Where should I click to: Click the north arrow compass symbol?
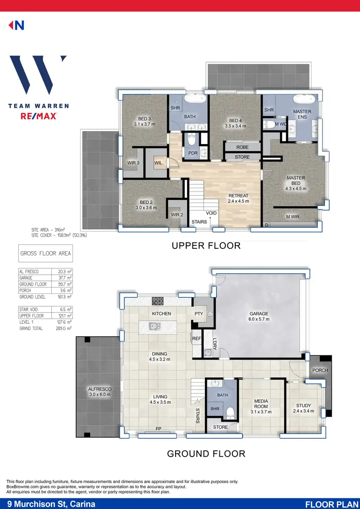coord(16,25)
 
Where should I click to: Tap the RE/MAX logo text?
coord(38,116)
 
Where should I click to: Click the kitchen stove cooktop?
coord(158,301)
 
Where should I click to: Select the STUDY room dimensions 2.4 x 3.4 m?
coord(303,411)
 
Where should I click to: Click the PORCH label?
coord(320,371)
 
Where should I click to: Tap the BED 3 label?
coord(144,119)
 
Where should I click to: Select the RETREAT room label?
coord(238,195)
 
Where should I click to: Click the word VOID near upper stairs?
coord(211,213)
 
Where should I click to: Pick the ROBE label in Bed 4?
coord(243,147)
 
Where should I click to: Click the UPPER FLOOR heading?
coord(206,246)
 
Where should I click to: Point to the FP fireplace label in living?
coord(158,428)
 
